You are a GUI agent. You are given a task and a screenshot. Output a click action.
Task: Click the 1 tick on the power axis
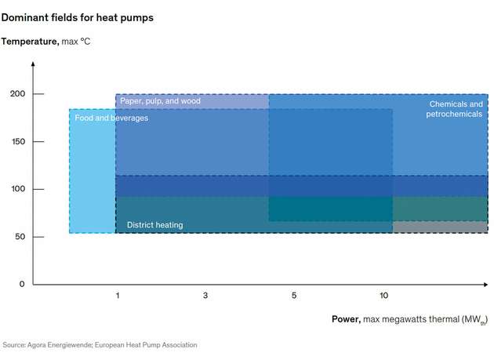click(118, 296)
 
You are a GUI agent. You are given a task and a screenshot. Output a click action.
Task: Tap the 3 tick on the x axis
click(205, 296)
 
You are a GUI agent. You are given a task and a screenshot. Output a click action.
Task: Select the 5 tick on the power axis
click(294, 296)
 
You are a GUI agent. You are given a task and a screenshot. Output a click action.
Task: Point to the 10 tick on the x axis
click(383, 296)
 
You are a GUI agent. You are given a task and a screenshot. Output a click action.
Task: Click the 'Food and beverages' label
click(111, 118)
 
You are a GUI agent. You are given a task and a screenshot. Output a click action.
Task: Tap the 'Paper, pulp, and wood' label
click(160, 101)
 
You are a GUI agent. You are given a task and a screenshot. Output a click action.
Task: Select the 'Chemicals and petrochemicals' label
click(455, 109)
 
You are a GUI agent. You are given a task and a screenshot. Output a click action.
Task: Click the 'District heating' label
click(154, 225)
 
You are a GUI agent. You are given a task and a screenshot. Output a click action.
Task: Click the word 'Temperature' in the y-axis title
click(29, 41)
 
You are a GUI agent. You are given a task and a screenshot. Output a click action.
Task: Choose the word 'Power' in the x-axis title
click(345, 319)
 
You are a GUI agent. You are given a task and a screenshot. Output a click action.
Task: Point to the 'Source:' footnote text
click(14, 345)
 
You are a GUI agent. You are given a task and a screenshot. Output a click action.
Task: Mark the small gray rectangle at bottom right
click(439, 227)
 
